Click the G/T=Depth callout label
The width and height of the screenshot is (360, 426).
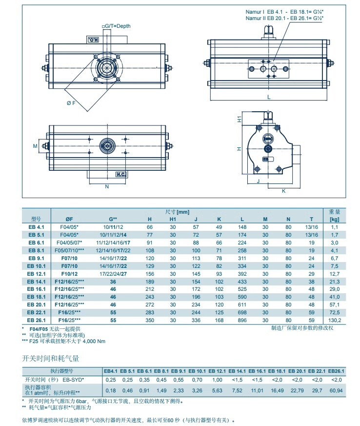(x=116, y=26)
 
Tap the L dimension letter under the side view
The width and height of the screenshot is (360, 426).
(x=269, y=97)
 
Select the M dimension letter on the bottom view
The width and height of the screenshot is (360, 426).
(x=35, y=145)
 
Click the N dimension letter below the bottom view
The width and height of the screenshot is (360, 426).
(x=107, y=186)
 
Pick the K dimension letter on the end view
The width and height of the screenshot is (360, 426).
(x=283, y=191)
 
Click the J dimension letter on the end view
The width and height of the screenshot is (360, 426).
(x=259, y=181)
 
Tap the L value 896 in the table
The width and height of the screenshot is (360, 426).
(x=242, y=320)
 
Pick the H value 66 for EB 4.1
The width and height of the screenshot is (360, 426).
(x=150, y=227)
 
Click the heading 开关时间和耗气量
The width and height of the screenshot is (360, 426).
(x=51, y=358)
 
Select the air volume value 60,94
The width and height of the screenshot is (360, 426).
(x=336, y=391)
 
